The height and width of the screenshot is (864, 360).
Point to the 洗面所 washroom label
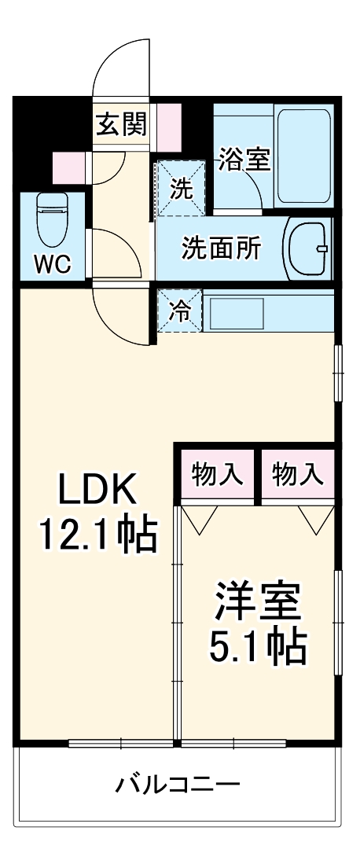click(x=221, y=248)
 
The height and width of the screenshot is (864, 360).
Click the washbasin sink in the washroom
click(x=308, y=248)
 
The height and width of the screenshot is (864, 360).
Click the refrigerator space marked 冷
click(x=180, y=311)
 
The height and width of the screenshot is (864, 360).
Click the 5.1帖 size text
click(x=257, y=646)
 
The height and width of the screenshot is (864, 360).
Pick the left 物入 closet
click(x=218, y=474)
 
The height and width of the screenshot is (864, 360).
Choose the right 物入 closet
click(x=298, y=474)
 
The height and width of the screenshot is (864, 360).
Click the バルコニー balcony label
click(x=178, y=784)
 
